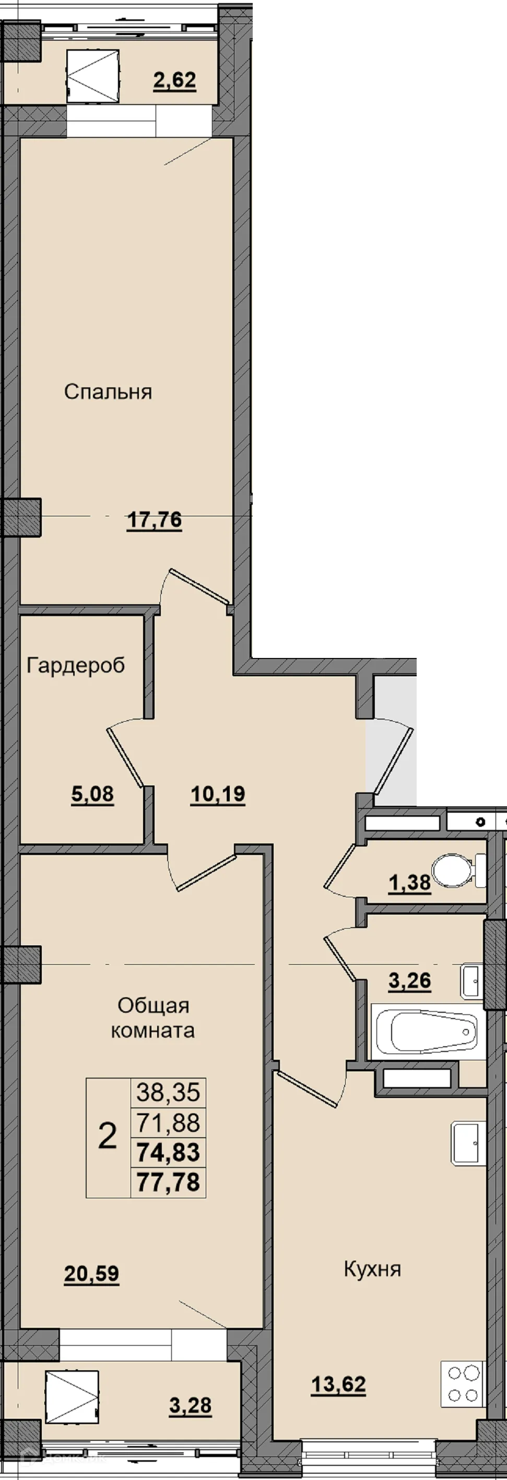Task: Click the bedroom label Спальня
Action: click(x=108, y=392)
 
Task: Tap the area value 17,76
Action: click(x=154, y=521)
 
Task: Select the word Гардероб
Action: click(x=76, y=665)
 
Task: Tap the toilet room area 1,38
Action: click(x=409, y=883)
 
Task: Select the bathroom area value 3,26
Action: click(x=409, y=981)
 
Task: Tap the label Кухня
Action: click(x=372, y=1269)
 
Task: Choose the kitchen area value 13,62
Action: click(x=338, y=1385)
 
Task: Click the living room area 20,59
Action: click(x=91, y=1274)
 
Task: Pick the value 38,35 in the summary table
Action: click(x=168, y=1092)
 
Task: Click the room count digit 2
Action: click(x=108, y=1136)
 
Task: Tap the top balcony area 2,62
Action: click(x=174, y=80)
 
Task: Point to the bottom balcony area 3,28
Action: click(x=190, y=1406)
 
